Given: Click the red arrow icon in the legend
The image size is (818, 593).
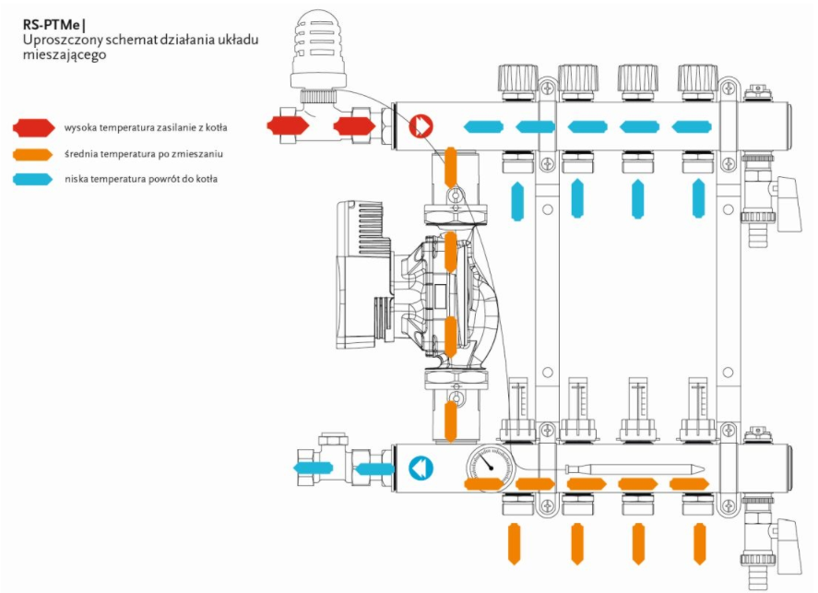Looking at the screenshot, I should pos(33,126).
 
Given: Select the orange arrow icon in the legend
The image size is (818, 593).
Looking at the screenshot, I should pos(33,153).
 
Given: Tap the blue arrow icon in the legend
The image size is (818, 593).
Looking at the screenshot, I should pos(33,179).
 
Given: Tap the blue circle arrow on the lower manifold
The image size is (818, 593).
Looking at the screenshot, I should pos(421,468).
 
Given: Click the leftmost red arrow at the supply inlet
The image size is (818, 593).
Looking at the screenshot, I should pos(283,124).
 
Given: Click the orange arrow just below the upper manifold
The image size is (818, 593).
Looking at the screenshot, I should pos(451,166).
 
